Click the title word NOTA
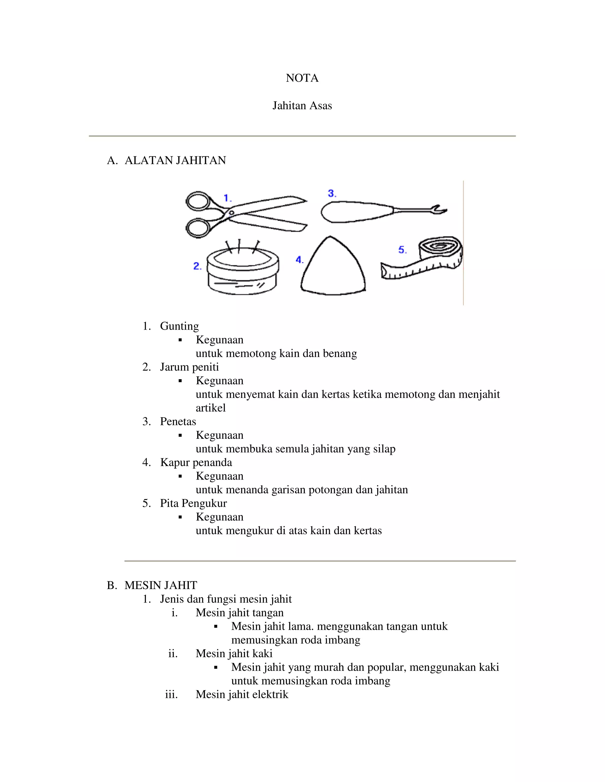[x=302, y=78]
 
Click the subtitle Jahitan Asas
[x=302, y=106]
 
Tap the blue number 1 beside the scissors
[x=227, y=198]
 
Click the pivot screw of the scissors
[x=231, y=213]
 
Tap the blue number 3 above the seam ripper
[x=332, y=194]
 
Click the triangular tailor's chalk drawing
[x=333, y=269]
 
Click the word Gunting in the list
[x=179, y=326]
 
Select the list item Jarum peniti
[x=189, y=367]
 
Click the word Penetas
[x=178, y=421]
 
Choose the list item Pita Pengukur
[x=193, y=503]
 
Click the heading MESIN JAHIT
[x=161, y=585]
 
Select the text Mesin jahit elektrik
[x=242, y=694]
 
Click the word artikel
[x=210, y=408]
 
